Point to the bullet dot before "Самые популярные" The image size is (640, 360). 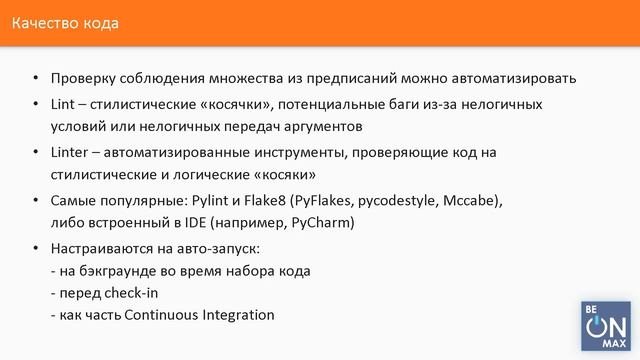click(x=36, y=200)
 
